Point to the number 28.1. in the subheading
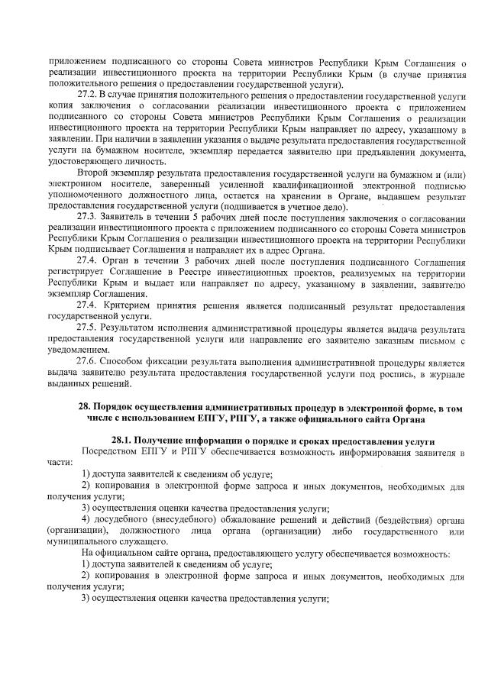coord(124,442)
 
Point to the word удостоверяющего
coord(85,162)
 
